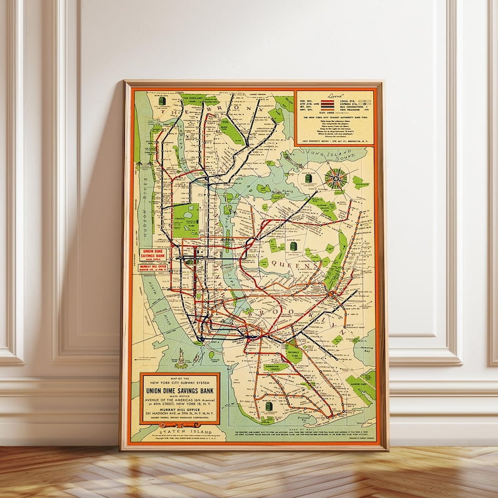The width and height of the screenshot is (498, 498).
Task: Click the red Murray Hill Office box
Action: [154, 267]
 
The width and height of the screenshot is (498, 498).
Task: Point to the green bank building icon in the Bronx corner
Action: [162, 101]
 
